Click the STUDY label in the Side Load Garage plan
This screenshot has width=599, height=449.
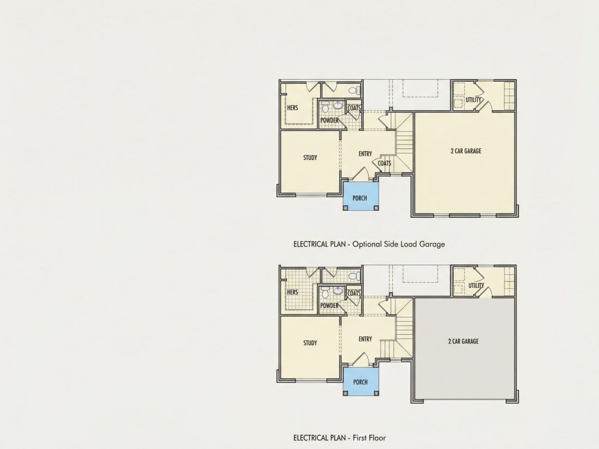tap(310, 157)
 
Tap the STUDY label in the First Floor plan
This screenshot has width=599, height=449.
tap(310, 343)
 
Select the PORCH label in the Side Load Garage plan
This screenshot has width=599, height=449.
tap(360, 198)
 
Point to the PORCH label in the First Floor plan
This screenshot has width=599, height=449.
tap(360, 382)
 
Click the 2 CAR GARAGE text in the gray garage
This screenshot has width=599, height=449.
tap(463, 341)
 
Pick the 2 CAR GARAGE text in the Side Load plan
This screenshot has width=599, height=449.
tap(466, 151)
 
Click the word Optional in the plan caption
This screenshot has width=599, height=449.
tap(367, 244)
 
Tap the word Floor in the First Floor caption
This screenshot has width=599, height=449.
tap(377, 438)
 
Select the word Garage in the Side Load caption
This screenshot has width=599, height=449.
tap(432, 244)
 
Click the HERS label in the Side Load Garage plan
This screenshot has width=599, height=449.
tap(292, 108)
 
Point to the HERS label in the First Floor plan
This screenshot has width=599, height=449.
tap(292, 292)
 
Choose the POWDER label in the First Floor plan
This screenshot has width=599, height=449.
tap(329, 305)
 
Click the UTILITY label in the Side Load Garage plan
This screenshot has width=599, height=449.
tap(473, 100)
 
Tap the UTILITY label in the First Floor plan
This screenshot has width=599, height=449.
tap(476, 286)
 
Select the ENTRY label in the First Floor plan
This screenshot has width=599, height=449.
tap(365, 339)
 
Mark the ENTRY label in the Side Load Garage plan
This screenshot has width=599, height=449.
tap(365, 154)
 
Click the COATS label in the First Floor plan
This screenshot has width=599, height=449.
tap(354, 293)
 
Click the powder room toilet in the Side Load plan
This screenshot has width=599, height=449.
tap(325, 107)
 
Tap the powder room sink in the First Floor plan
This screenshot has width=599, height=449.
tap(338, 291)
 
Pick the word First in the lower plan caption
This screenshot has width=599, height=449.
tap(359, 438)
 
